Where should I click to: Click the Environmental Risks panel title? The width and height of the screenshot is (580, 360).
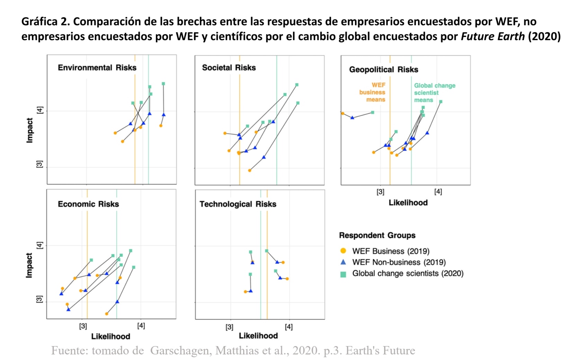pos(97,68)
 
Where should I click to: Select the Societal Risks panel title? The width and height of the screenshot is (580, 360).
pos(229,68)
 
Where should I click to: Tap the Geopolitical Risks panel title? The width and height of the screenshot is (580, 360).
pos(383,70)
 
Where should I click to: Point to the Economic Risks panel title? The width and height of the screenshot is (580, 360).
pos(88,204)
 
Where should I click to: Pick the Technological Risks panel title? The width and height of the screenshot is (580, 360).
pos(238,204)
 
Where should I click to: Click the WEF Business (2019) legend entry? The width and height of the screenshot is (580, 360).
pos(391,251)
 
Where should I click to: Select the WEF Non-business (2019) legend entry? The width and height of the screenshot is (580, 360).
pos(399,262)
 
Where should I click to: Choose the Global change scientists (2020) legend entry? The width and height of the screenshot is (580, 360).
pos(408,273)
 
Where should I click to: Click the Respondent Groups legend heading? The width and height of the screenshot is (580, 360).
pos(377,235)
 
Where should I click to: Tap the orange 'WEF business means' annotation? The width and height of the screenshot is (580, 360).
pos(373,92)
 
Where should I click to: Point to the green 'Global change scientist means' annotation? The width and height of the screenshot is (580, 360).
pos(434,93)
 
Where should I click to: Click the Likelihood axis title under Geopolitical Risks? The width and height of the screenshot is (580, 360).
pos(408,203)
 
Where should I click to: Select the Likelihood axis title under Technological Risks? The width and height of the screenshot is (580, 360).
pos(258,336)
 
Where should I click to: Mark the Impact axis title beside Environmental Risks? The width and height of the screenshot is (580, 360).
pos(30,130)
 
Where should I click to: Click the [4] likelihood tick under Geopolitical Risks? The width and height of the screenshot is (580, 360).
pos(438,192)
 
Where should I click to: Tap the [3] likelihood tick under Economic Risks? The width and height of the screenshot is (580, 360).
pos(83,326)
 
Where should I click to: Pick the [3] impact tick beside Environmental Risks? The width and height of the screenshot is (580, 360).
pos(40,164)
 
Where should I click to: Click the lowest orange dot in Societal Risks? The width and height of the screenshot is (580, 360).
pos(250,170)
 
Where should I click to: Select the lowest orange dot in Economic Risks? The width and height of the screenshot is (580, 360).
pos(107,314)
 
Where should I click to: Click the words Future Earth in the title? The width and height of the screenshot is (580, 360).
pos(492,36)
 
